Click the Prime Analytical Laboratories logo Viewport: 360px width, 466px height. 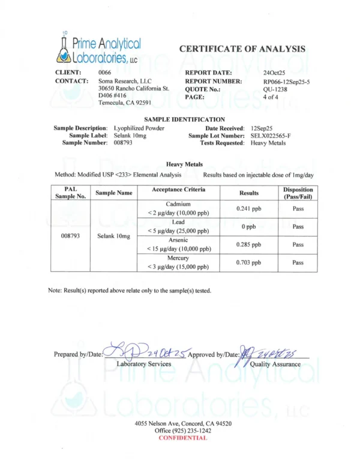[x=96, y=49]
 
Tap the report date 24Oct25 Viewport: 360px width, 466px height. [x=274, y=73]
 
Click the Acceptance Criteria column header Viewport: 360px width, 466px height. [x=178, y=190]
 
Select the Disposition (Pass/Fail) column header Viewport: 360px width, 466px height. [x=298, y=193]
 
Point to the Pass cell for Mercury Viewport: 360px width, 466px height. [x=298, y=262]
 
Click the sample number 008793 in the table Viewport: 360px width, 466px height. [x=71, y=235]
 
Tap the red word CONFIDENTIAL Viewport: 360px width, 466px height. [x=182, y=438]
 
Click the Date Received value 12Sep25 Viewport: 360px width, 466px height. [x=262, y=129]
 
